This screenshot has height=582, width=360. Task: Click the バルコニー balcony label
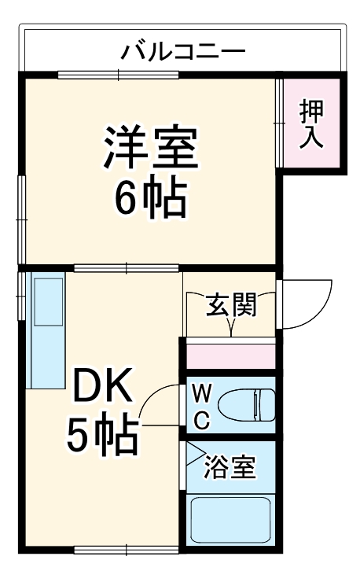click(x=182, y=53)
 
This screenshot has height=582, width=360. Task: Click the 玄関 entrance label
click(x=231, y=305)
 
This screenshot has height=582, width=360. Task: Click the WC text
click(x=200, y=406)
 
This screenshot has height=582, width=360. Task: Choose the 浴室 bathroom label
click(x=230, y=466)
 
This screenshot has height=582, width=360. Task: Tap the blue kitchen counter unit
click(x=47, y=330)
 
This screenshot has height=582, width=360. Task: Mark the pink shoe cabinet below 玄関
click(x=230, y=354)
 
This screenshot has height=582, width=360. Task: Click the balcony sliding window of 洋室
click(x=118, y=76)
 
